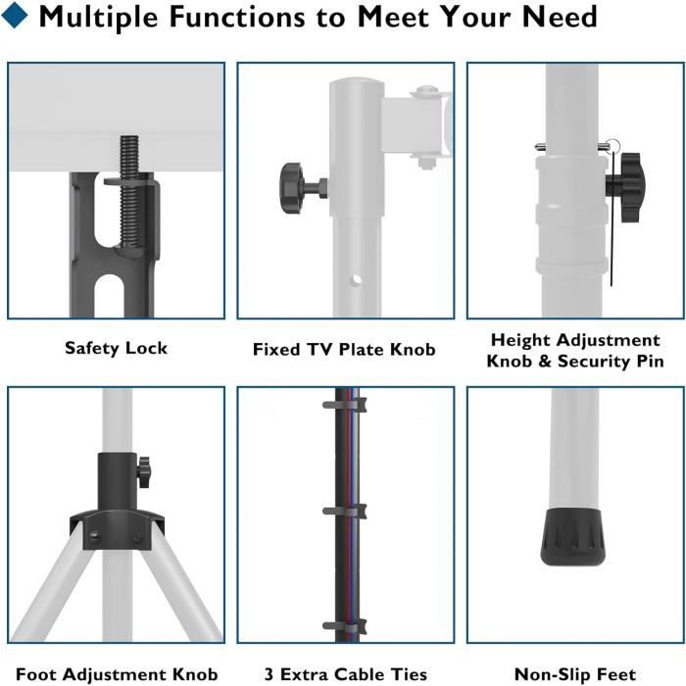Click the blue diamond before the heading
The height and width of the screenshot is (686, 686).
pos(18,18)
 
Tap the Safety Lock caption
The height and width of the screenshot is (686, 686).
pos(116,348)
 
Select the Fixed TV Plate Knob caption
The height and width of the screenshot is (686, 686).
pos(344,349)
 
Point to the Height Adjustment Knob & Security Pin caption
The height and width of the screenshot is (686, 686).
pos(575,351)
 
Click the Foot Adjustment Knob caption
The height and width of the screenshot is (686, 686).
pos(116,674)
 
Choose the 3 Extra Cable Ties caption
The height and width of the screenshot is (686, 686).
pos(345,674)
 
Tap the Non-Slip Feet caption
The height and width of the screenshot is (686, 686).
pos(575,674)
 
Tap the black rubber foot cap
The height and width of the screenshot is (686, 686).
pos(569,539)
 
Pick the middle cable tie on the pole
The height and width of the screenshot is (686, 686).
pos(345,511)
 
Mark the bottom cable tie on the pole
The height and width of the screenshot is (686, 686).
pos(345,624)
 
